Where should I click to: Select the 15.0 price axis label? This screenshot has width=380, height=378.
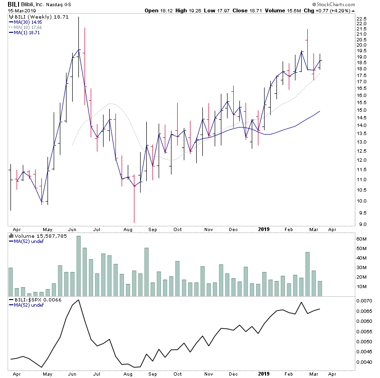tap(362, 110)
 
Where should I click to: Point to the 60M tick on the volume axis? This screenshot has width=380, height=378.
tap(362, 239)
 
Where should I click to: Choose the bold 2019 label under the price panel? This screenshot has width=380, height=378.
tap(264, 229)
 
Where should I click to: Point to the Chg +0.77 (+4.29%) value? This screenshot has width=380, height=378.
tap(349, 10)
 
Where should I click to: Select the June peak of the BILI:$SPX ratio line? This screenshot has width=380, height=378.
tap(78, 300)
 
